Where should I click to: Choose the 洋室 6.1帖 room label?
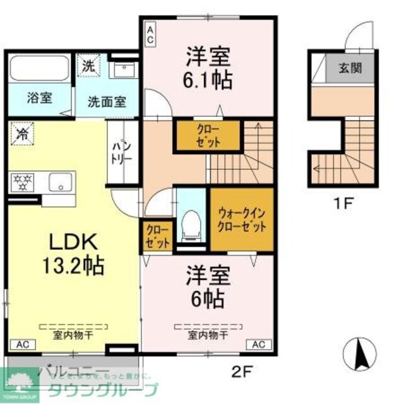(208, 68)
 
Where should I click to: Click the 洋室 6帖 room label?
(206, 287)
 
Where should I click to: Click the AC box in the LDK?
(22, 345)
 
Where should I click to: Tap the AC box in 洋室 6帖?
(259, 345)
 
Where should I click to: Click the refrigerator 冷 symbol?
(22, 134)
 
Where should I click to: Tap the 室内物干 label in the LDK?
(73, 335)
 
